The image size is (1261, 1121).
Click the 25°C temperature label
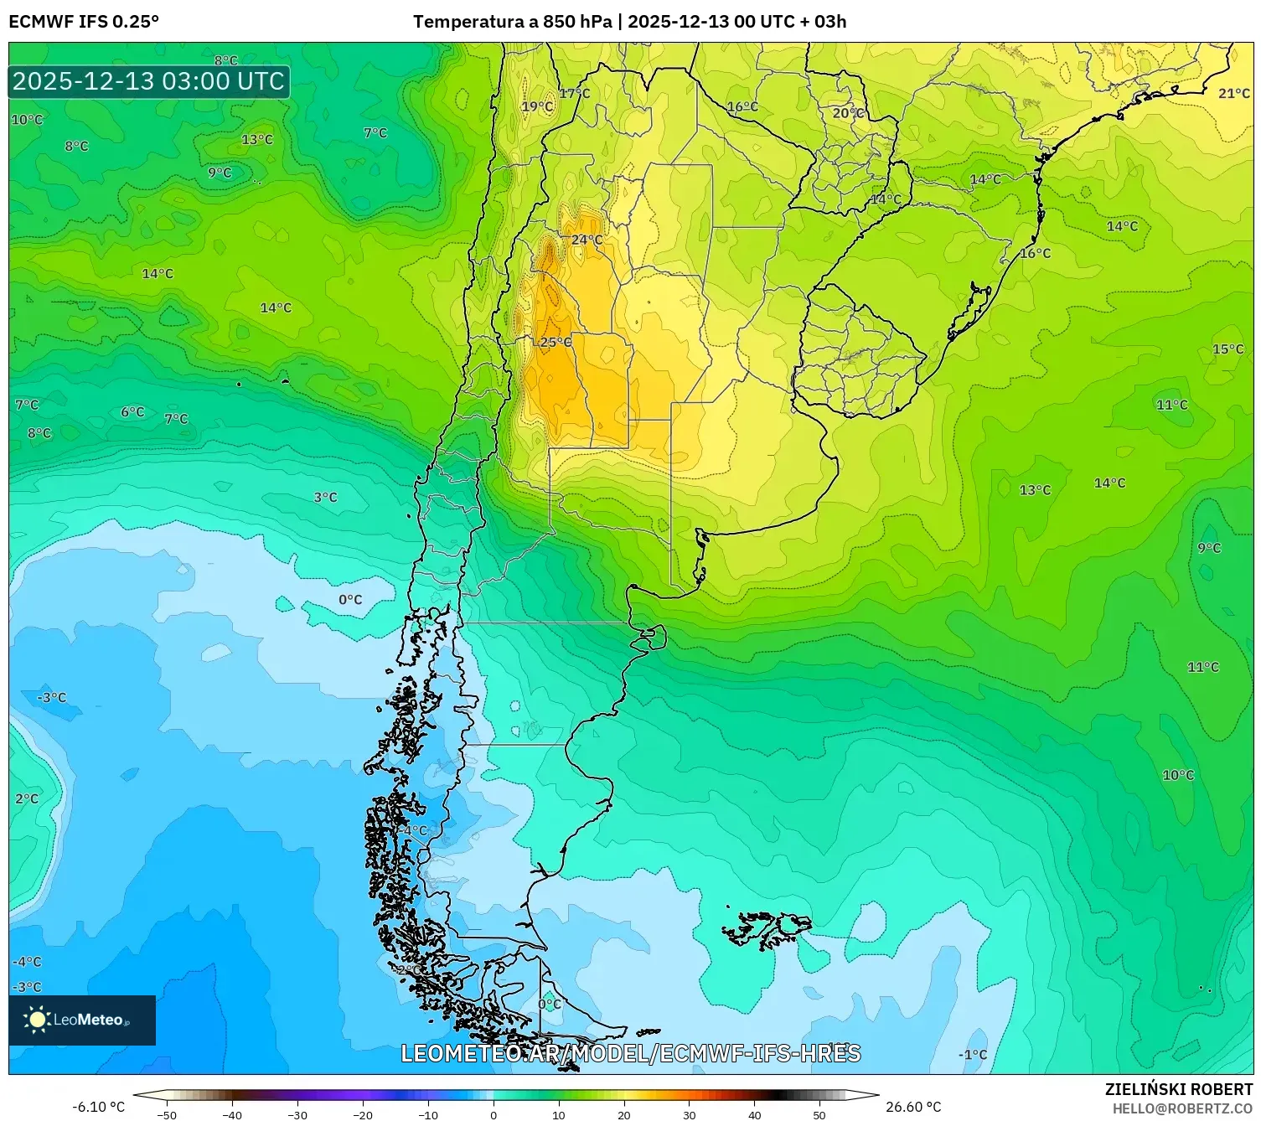click(556, 342)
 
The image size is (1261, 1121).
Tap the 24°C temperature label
click(587, 240)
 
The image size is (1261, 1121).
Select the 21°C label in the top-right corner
click(1233, 93)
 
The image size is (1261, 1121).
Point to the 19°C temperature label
click(537, 106)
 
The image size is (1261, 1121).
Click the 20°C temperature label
click(847, 112)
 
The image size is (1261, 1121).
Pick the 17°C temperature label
click(575, 93)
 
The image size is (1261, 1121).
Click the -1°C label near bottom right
click(973, 1055)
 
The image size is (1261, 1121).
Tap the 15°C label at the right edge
click(1227, 349)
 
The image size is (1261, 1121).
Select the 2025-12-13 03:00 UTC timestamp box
click(149, 81)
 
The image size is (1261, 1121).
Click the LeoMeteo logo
click(82, 1020)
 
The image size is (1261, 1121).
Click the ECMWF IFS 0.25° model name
click(84, 22)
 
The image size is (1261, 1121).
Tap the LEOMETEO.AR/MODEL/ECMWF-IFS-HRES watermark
click(630, 1053)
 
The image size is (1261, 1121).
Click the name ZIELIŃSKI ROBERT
click(1178, 1089)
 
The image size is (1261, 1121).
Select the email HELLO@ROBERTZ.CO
click(1182, 1108)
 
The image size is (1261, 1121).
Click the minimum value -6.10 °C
click(98, 1107)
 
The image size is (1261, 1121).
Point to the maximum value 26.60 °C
click(913, 1107)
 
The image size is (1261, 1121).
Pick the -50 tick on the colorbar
click(167, 1114)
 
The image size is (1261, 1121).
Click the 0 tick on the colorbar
click(493, 1114)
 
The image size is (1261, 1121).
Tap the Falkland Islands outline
click(767, 928)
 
